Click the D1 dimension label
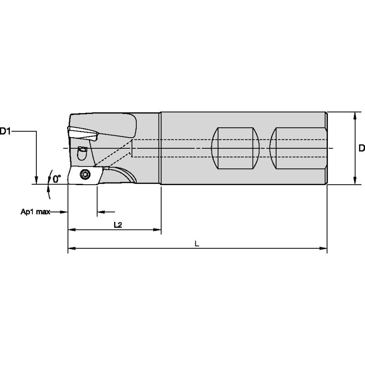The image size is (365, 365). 6,132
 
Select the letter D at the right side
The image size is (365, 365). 361,148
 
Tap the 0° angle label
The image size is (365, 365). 57,178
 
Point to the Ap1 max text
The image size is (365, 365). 35,212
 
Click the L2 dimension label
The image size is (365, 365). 118,225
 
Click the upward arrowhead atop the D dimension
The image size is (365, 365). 355,115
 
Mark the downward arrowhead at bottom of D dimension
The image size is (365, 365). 355,181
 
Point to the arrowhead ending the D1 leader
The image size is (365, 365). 37,180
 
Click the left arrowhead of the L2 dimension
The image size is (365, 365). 71,230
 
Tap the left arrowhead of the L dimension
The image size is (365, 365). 71,247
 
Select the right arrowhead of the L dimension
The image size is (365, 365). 324,247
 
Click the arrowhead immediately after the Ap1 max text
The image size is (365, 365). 64,212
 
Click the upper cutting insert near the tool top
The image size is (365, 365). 83,133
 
